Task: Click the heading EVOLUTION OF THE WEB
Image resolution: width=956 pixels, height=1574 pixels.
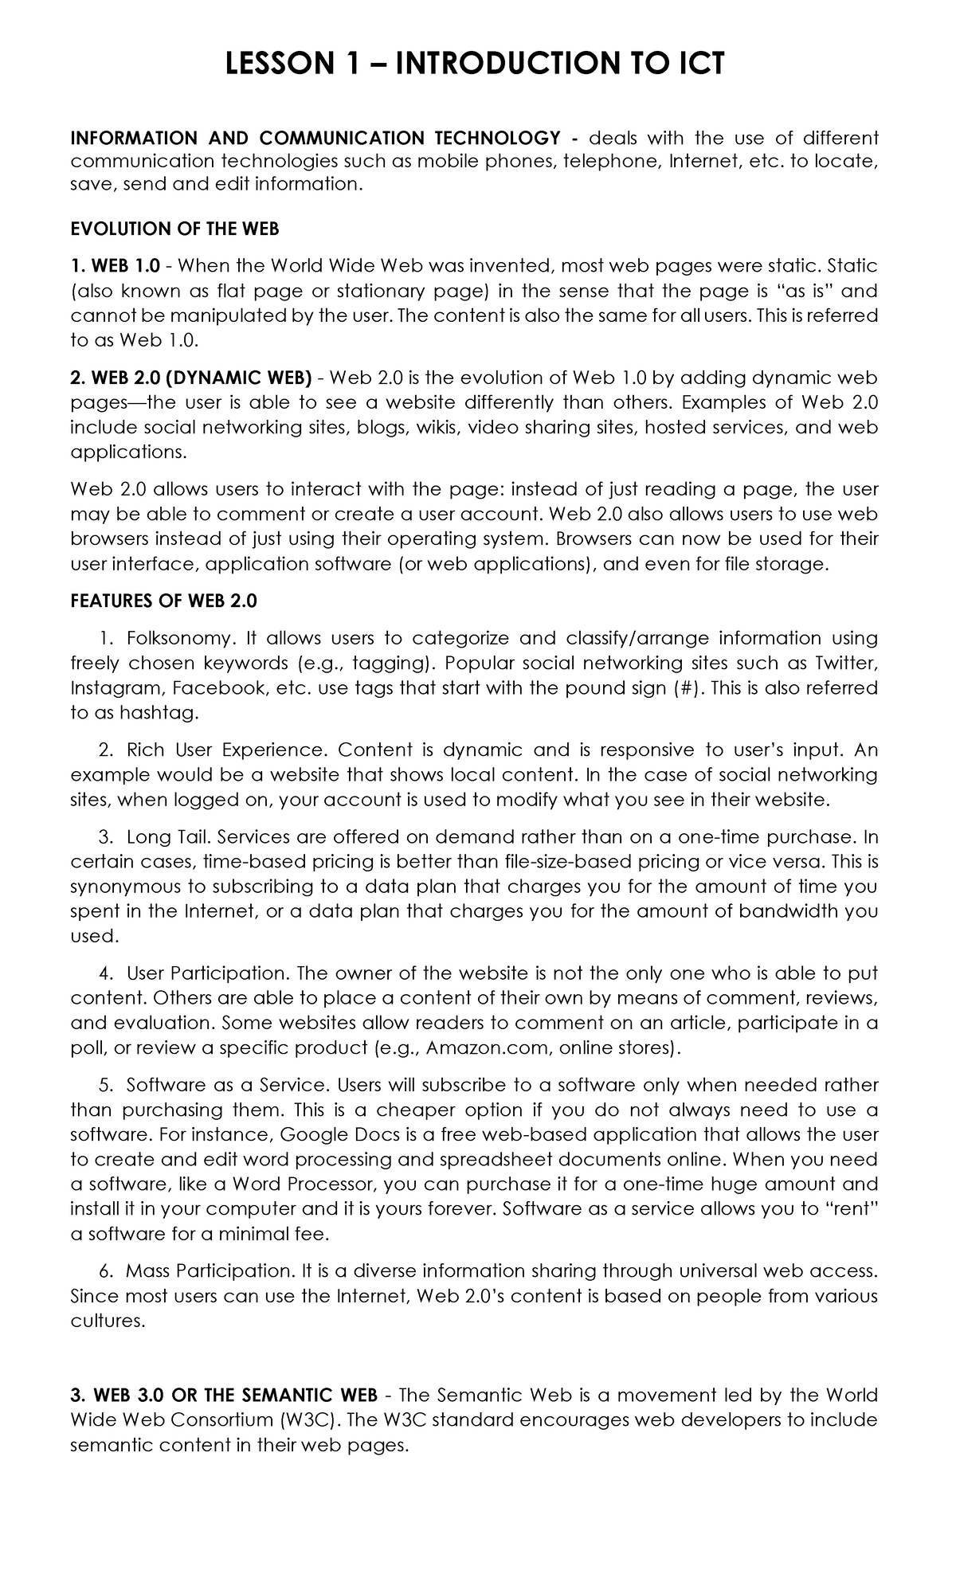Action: coord(174,229)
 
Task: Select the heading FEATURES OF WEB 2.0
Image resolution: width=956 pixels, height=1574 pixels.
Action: coord(163,601)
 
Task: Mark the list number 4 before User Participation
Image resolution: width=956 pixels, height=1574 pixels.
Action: coord(105,973)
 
